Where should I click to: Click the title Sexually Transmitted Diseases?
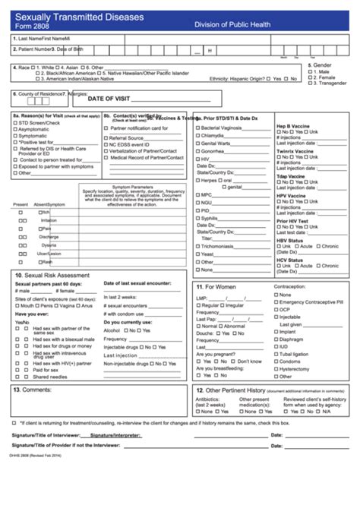(x=71, y=14)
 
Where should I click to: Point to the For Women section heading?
(x=217, y=287)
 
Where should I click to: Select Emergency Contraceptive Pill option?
(x=274, y=302)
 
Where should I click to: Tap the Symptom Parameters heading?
(x=132, y=187)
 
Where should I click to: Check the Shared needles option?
(x=28, y=377)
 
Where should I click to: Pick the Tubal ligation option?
(x=274, y=354)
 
